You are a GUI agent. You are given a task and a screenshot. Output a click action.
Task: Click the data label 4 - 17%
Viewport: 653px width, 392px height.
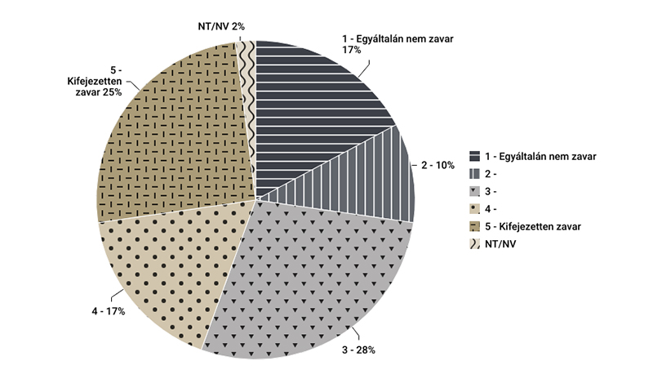(107, 312)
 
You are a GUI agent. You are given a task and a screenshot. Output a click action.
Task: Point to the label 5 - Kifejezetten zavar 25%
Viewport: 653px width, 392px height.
(95, 81)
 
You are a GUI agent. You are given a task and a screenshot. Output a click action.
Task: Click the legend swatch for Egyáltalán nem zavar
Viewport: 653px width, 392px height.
(474, 156)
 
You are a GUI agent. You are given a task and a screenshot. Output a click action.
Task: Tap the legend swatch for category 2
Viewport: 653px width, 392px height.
(474, 174)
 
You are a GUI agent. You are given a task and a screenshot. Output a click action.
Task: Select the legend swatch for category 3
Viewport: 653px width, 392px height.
(474, 191)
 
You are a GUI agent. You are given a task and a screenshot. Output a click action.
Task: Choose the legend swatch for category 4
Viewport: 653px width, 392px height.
(474, 209)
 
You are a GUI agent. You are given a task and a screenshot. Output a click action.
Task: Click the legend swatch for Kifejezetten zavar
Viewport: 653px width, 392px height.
(474, 226)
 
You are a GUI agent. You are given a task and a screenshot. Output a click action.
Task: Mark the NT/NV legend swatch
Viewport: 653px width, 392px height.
(474, 244)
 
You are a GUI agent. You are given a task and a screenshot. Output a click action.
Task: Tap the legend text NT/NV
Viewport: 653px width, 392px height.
(500, 244)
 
